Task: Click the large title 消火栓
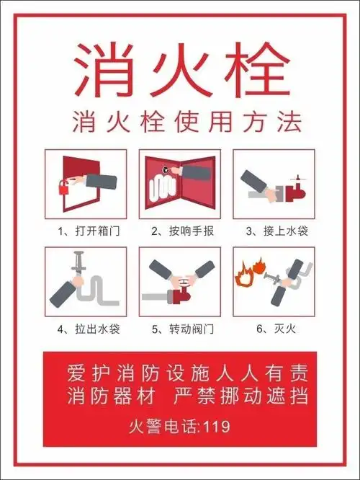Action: tap(180, 65)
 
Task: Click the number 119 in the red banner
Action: tap(217, 427)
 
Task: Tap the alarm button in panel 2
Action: tap(167, 171)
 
